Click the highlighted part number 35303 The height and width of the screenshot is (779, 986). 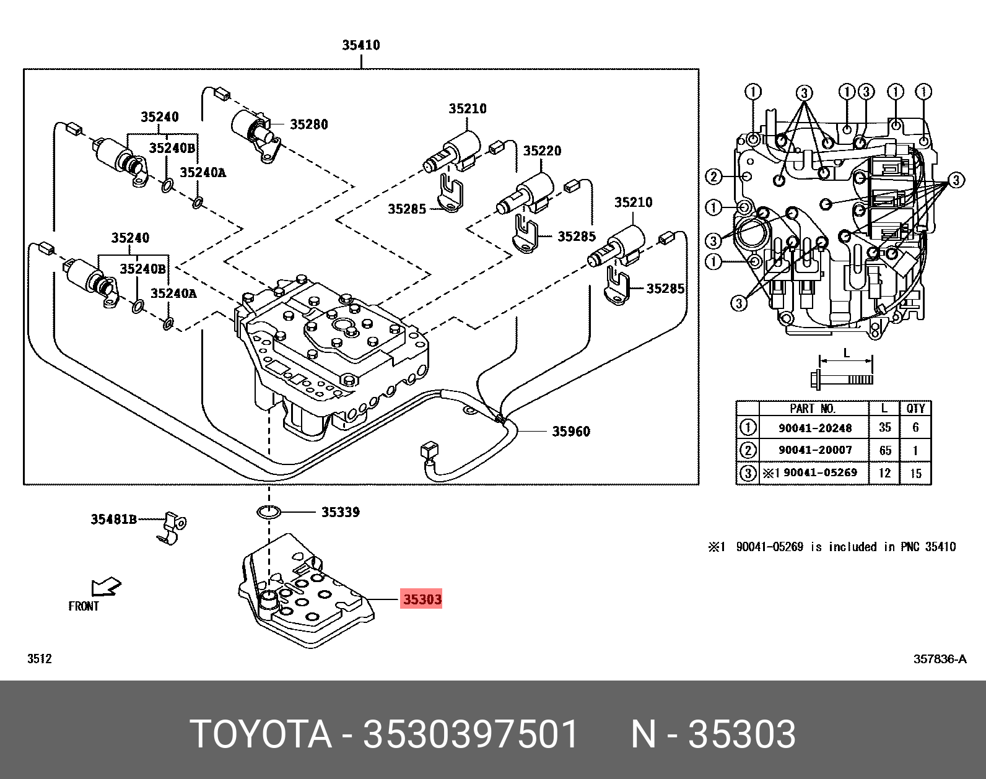pos(422,599)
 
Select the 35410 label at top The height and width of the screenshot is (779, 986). pos(360,45)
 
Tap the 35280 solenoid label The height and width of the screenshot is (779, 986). pos(308,124)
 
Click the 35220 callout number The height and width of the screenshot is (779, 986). pos(542,151)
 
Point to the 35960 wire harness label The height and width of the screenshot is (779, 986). pos(570,431)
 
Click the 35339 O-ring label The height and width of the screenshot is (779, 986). pos(340,512)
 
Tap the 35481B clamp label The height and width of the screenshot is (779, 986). pos(114,519)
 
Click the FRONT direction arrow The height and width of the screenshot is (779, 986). pos(106,586)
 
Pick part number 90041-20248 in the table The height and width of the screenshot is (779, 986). pos(814,428)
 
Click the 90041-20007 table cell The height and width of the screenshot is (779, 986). pos(814,450)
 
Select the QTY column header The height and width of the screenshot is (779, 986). pos(915,408)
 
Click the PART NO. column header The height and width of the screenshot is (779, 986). pos(813,408)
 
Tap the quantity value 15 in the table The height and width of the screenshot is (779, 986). pos(915,473)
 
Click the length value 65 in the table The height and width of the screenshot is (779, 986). pos(885,450)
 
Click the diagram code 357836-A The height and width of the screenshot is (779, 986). pos(940,658)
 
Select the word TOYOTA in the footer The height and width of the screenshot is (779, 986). pos(261,734)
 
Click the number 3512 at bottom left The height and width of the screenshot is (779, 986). pos(39,658)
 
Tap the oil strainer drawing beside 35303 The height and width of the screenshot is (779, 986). pos(307,594)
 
